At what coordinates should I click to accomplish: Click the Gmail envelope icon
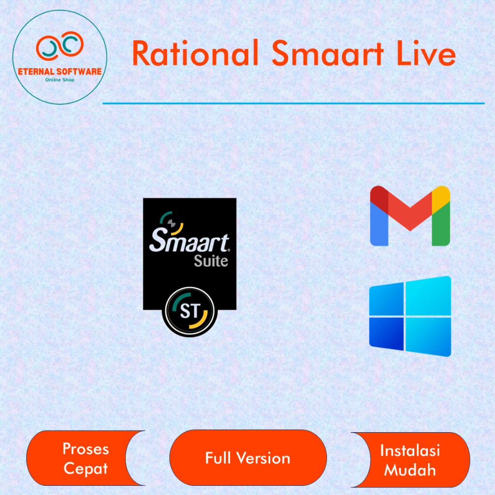point(410,216)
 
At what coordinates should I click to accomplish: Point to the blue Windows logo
point(410,316)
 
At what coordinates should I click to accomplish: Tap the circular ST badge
point(189,312)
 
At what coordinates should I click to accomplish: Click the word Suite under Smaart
point(211,261)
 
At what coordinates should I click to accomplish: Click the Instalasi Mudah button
point(410,460)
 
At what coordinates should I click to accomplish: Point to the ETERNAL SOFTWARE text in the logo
point(59,72)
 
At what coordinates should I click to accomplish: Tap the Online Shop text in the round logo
point(59,79)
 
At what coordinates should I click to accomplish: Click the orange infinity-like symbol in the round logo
point(59,45)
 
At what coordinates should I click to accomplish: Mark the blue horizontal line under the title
point(293,103)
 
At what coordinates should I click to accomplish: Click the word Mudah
point(410,469)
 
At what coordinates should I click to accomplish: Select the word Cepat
point(86,468)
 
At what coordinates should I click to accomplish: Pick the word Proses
point(86,449)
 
